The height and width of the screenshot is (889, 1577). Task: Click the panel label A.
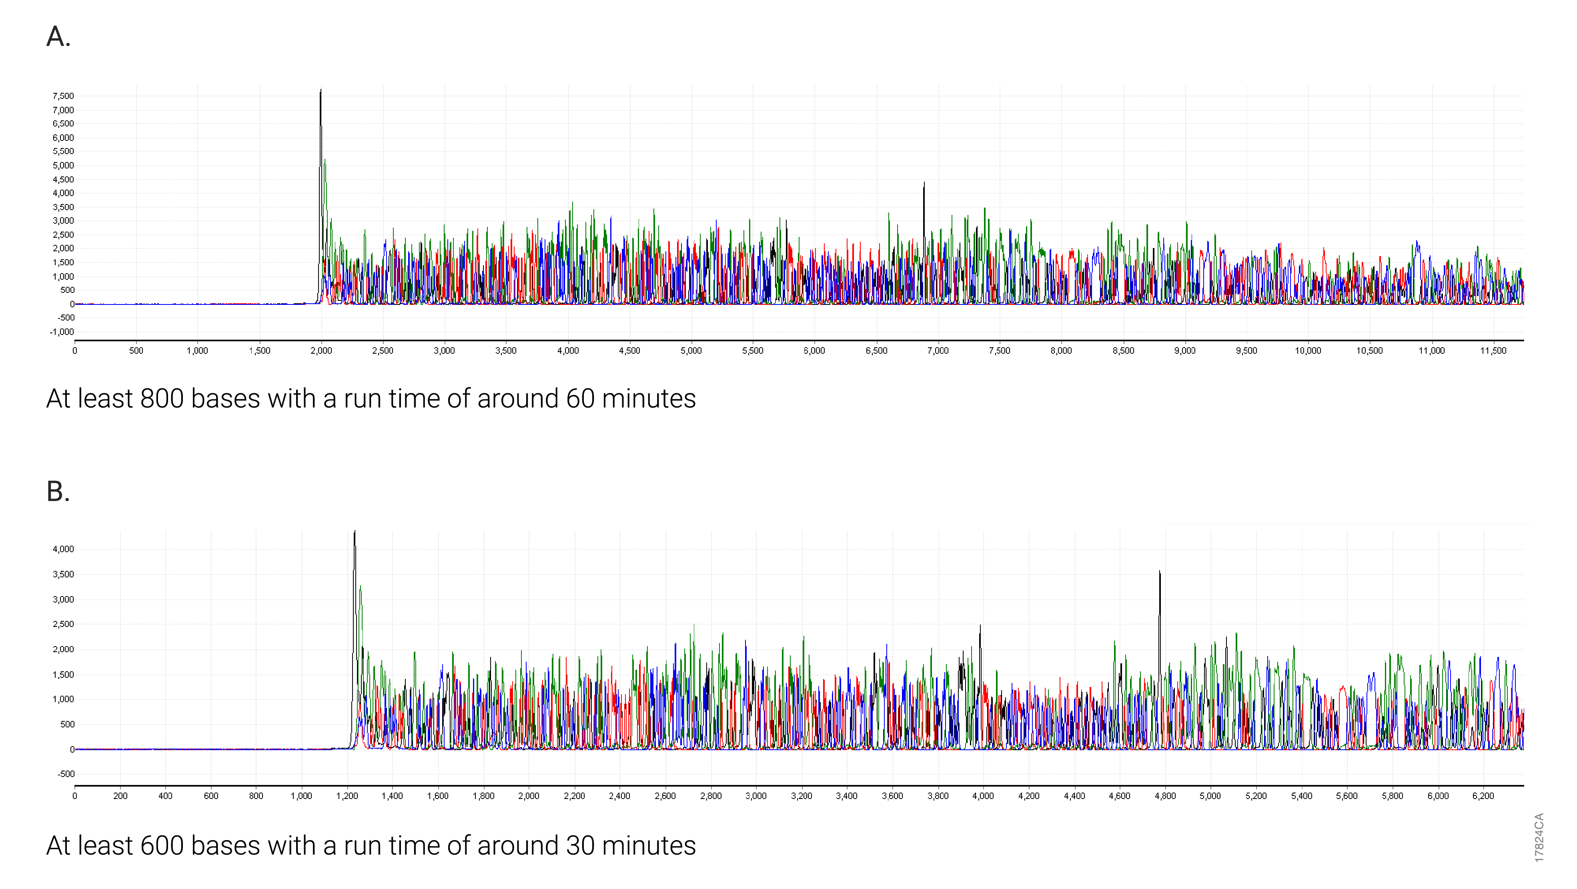58,37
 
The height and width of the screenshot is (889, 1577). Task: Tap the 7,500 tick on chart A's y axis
63,96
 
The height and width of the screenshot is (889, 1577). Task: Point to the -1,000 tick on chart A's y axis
62,332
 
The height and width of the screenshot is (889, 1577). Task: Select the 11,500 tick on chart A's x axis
1493,351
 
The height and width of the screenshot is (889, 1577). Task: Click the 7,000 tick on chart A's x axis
937,351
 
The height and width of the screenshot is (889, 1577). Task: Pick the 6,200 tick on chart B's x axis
1483,796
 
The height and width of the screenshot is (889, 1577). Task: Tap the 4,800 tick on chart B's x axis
1165,796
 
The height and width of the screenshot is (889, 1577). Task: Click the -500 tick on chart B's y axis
66,774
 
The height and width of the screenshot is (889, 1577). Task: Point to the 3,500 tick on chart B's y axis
63,574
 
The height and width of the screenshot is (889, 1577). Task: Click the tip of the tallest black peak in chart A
321,90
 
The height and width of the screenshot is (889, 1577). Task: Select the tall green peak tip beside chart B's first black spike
361,587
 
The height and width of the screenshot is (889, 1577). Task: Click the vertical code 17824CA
1539,837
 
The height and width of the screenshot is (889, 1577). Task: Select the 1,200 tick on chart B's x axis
347,796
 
